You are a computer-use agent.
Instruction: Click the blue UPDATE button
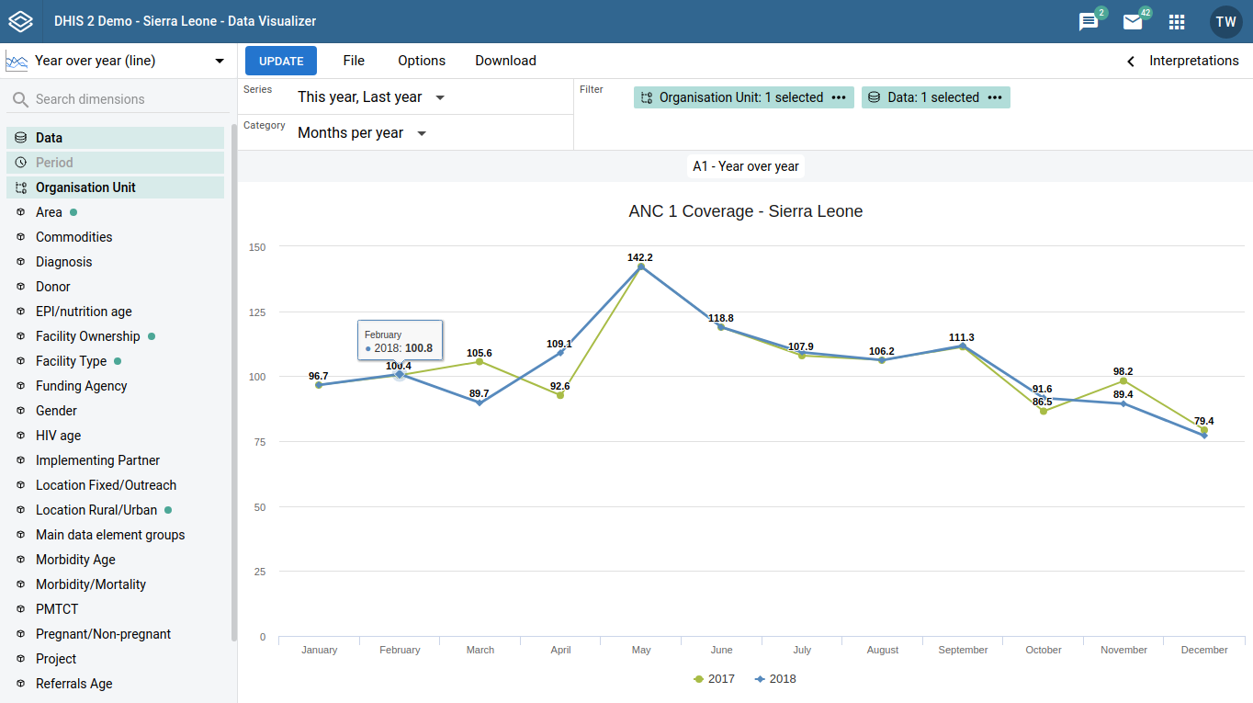[281, 61]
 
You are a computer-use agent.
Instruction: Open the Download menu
[505, 61]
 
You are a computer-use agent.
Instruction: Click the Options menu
[422, 61]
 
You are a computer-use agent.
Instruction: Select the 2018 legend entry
[775, 679]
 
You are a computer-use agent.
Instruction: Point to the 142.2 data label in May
[640, 257]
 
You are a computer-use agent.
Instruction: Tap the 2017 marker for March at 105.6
[480, 361]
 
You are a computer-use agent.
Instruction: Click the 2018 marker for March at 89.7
[480, 403]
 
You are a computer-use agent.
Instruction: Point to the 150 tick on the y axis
[257, 247]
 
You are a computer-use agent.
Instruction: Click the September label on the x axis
[963, 650]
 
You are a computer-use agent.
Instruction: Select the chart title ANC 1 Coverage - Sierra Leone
[745, 211]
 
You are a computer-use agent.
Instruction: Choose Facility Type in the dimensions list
[71, 361]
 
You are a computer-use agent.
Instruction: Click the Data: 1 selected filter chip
[934, 97]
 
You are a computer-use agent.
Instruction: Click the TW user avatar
[1225, 22]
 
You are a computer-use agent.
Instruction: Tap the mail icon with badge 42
[1133, 22]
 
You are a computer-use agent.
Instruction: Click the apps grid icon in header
[1176, 22]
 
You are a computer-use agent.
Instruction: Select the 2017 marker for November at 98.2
[1123, 380]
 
